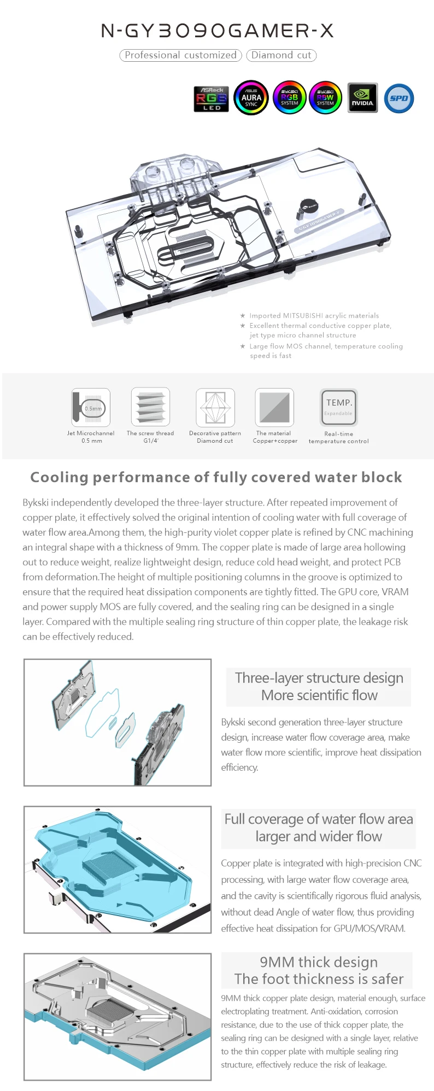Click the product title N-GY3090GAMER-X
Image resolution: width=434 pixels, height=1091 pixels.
(x=218, y=31)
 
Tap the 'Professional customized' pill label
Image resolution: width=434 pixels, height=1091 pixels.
(x=180, y=55)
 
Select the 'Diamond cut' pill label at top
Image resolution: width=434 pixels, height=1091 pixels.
(x=281, y=55)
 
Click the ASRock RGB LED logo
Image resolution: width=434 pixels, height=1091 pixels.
(x=211, y=98)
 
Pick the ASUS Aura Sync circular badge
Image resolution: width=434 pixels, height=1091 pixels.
(x=251, y=98)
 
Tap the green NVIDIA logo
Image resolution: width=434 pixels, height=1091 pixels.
(x=362, y=98)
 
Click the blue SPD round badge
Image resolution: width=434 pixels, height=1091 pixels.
(x=399, y=98)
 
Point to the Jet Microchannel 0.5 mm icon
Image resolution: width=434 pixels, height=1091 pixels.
(x=91, y=407)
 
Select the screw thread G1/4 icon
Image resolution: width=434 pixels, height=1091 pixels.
(x=150, y=407)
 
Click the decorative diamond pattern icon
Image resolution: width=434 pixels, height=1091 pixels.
(x=215, y=407)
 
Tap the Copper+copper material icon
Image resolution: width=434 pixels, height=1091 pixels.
(x=274, y=407)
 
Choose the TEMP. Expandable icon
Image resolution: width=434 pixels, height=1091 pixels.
(x=339, y=407)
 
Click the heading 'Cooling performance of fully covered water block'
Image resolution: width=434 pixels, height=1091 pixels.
(x=216, y=477)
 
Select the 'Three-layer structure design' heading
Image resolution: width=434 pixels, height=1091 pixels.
(x=319, y=678)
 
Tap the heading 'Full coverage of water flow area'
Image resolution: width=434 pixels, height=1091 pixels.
(x=319, y=819)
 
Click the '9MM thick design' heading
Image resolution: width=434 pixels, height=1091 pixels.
(x=319, y=962)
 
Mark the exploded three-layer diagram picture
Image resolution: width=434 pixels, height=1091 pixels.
(x=118, y=722)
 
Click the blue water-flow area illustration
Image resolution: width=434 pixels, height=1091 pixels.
(x=118, y=869)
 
